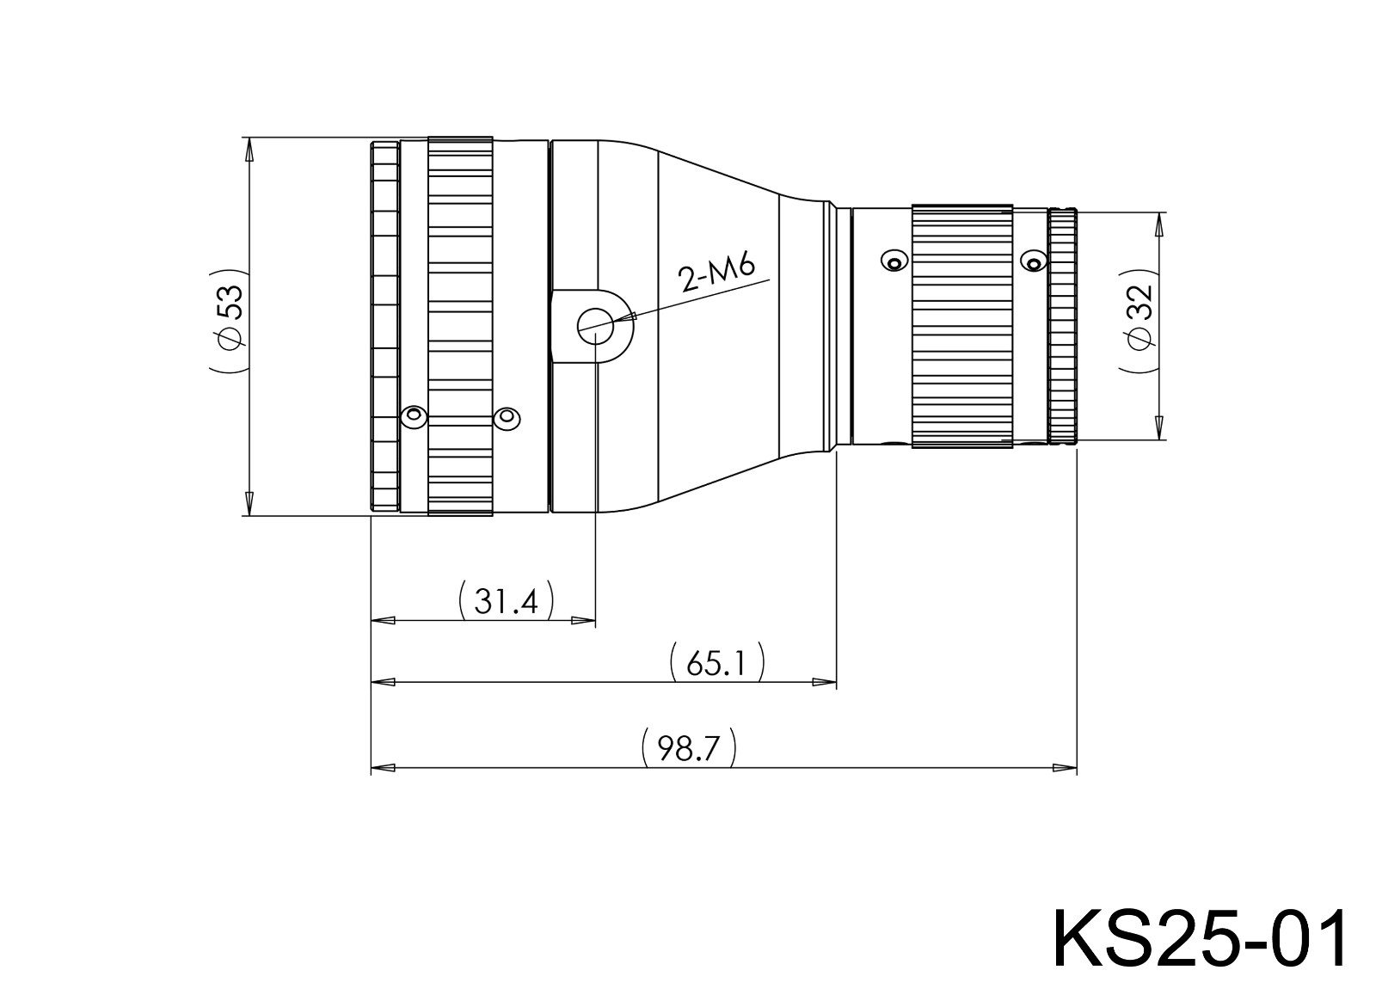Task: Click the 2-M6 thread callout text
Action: pyautogui.click(x=716, y=273)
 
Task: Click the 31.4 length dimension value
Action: pyautogui.click(x=506, y=601)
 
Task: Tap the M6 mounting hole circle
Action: pyautogui.click(x=594, y=328)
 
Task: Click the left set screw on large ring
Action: pyautogui.click(x=414, y=417)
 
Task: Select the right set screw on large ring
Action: pyautogui.click(x=507, y=418)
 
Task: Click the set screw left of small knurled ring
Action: pyautogui.click(x=894, y=261)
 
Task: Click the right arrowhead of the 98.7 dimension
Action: pyautogui.click(x=1066, y=767)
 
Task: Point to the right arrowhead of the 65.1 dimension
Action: pyautogui.click(x=825, y=683)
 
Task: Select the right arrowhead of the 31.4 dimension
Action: pyautogui.click(x=584, y=620)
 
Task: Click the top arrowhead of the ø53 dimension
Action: pyautogui.click(x=249, y=149)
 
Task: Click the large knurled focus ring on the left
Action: pyautogui.click(x=460, y=327)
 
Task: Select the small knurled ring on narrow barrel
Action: pyautogui.click(x=961, y=327)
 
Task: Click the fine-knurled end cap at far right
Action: pyautogui.click(x=1064, y=327)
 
